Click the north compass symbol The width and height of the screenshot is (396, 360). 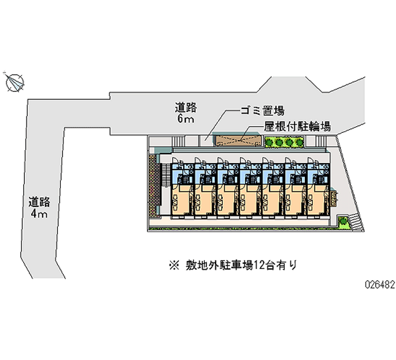(14, 82)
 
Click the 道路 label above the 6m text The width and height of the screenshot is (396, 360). (186, 107)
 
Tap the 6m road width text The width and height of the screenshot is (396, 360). (186, 119)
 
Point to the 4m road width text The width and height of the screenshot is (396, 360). (39, 214)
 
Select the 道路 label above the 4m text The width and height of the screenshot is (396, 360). (39, 202)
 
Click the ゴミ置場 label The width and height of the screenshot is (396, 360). (262, 110)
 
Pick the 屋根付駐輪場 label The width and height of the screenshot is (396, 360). (297, 126)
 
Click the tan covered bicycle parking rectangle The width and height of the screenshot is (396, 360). (238, 140)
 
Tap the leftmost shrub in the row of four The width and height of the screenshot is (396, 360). (269, 142)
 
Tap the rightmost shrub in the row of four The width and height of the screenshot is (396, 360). (299, 142)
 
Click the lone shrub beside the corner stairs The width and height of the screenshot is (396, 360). (343, 221)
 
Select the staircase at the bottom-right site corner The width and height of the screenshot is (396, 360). (355, 222)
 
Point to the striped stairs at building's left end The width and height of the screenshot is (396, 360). (165, 175)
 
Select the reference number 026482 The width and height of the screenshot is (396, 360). (380, 285)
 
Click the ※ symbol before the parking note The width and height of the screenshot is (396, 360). (174, 266)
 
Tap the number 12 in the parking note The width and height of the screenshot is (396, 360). (259, 265)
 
